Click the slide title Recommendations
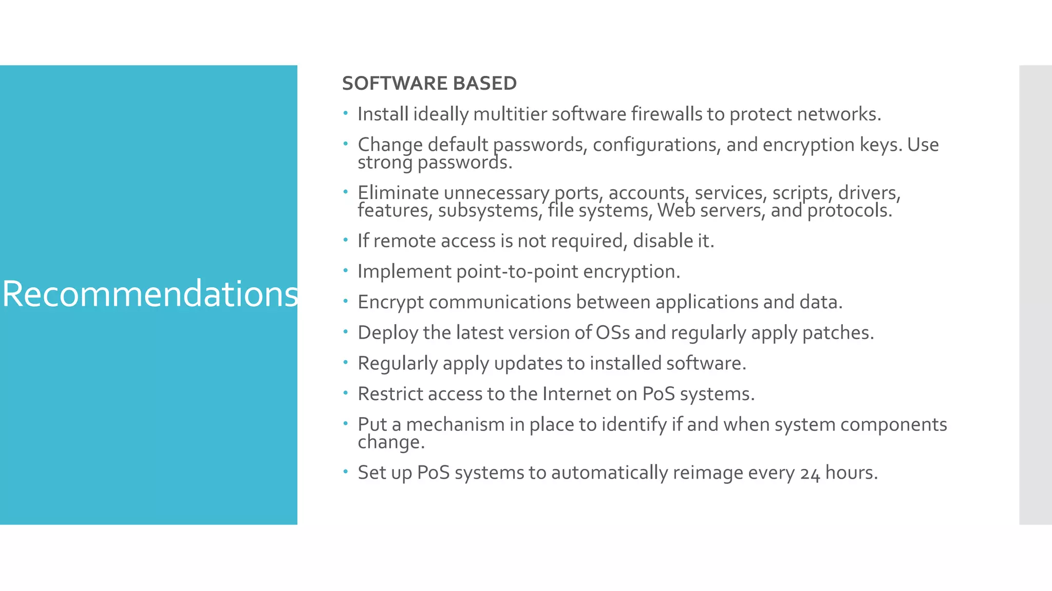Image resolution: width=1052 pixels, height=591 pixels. point(150,294)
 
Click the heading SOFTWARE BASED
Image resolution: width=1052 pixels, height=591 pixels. point(429,83)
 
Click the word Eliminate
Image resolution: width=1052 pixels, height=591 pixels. point(398,193)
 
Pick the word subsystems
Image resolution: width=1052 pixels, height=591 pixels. point(488,210)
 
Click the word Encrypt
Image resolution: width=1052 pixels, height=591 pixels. point(390,302)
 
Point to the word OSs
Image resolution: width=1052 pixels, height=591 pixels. point(612,332)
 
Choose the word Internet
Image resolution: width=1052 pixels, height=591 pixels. point(576,394)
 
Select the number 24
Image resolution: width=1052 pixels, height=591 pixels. point(810,473)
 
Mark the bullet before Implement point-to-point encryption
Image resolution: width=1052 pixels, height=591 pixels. point(346,270)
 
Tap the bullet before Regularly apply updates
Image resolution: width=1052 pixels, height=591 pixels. point(346,362)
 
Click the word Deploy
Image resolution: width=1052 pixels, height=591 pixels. point(388,333)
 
